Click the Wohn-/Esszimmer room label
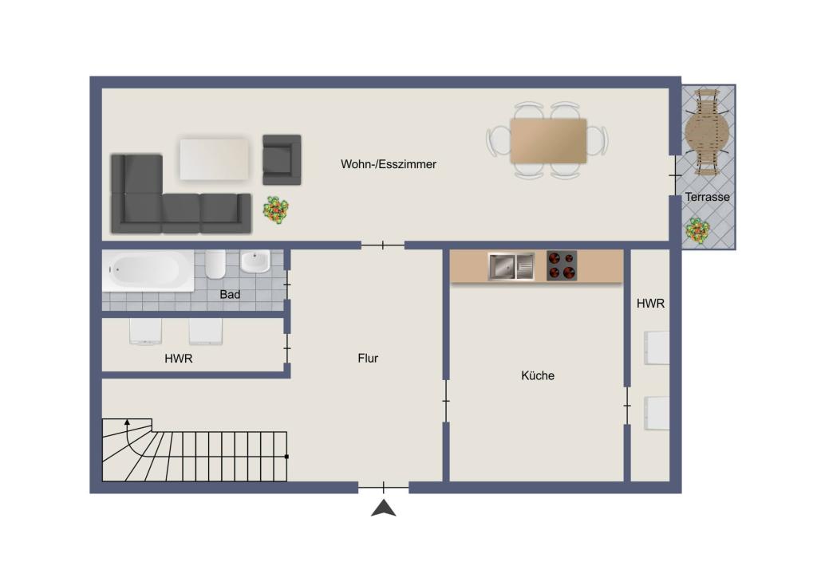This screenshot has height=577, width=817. click(389, 164)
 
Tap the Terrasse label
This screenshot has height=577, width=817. click(707, 197)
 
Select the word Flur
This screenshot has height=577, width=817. click(368, 358)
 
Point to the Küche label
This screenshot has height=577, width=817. click(538, 375)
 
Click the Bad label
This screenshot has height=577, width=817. click(230, 295)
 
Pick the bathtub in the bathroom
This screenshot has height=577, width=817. click(148, 270)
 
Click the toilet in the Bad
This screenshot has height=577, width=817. click(215, 264)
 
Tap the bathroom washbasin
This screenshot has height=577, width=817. click(255, 261)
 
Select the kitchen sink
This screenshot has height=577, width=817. click(511, 266)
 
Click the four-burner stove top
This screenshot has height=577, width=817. click(562, 266)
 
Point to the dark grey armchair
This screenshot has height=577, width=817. click(282, 159)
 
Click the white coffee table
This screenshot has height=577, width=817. click(215, 159)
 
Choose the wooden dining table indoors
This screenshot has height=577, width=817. click(549, 140)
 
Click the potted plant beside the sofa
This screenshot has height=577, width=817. click(275, 210)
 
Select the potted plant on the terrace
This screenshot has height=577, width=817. click(697, 230)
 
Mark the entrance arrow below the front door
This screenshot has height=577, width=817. click(384, 508)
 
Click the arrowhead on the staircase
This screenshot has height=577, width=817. click(127, 422)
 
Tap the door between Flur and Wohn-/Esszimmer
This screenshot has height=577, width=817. click(383, 245)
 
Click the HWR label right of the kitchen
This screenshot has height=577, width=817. click(650, 304)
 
